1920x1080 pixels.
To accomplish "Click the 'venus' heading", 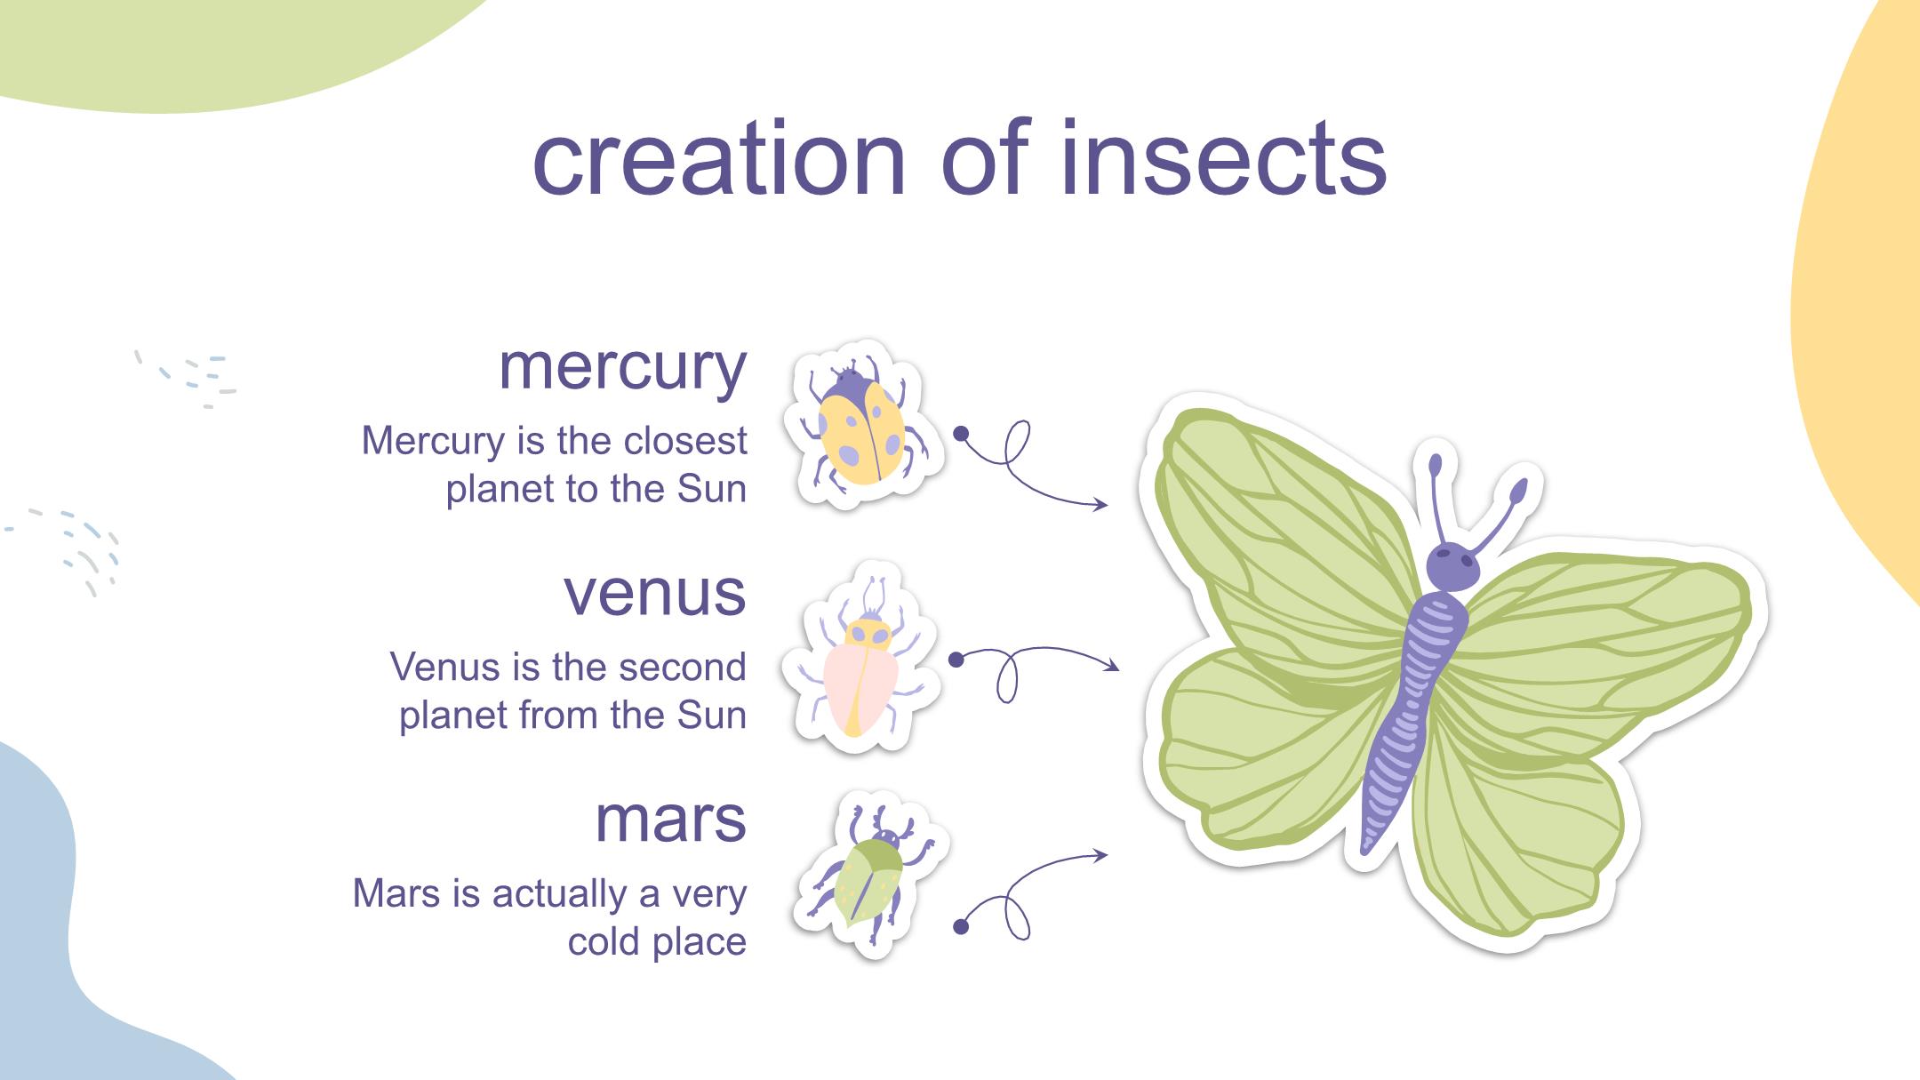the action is coord(655,593).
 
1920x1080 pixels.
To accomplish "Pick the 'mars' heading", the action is coord(670,820).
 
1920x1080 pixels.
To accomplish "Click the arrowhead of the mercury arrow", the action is coord(1103,504).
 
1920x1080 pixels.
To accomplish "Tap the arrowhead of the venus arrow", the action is coord(1114,665).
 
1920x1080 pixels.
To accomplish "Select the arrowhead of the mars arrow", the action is coord(1103,855).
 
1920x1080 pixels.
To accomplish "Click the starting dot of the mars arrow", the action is coord(960,927).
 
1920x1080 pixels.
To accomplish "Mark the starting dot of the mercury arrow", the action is coord(960,434).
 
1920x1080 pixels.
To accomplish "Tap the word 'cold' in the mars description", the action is coord(604,942).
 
